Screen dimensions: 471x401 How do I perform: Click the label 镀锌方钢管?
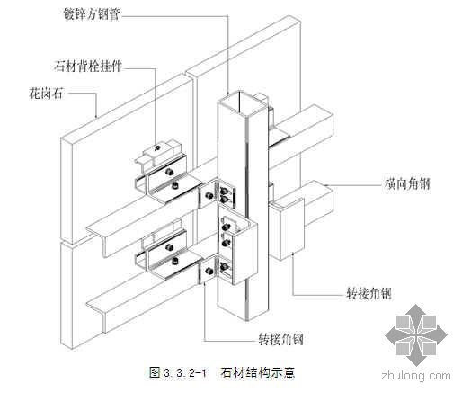(x=92, y=14)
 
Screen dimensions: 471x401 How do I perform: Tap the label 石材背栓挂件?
(x=88, y=66)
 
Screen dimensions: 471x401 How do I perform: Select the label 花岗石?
(x=46, y=94)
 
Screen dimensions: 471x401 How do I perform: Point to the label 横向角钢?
(x=407, y=183)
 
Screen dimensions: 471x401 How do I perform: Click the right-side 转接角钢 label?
(x=369, y=293)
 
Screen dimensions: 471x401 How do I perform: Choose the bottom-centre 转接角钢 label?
(x=280, y=340)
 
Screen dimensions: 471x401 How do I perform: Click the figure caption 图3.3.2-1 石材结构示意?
(x=222, y=372)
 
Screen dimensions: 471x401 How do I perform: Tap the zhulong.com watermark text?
(x=416, y=376)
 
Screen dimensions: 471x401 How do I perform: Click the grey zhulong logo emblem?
(x=416, y=335)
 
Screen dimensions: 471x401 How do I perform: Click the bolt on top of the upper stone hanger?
(x=156, y=147)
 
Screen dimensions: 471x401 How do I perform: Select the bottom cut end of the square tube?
(x=243, y=312)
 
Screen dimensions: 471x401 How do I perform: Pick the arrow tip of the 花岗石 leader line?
(x=96, y=118)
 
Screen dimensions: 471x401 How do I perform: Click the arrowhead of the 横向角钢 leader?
(x=325, y=184)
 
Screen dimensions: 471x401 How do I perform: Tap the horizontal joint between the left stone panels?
(x=67, y=244)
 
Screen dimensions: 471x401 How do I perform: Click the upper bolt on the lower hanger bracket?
(x=169, y=248)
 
